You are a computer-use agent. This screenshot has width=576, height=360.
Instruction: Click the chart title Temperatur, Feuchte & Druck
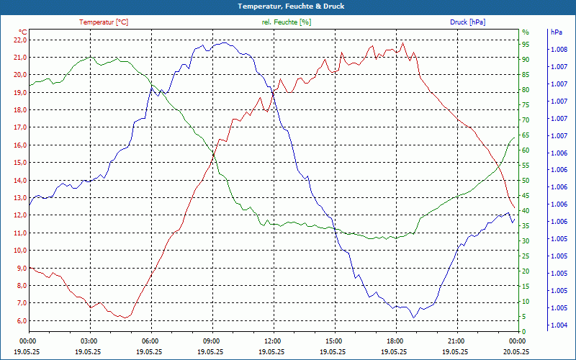(288, 6)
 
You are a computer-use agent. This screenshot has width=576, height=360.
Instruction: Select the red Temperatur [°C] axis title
(104, 22)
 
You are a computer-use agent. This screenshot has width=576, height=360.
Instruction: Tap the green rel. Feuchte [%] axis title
(287, 22)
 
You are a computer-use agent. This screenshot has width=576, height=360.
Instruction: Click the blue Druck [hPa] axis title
(467, 22)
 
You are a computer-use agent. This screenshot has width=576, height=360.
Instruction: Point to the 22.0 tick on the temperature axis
(19, 40)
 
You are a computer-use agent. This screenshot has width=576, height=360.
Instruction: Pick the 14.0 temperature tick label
(19, 181)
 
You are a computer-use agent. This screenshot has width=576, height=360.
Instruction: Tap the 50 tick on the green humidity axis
(526, 181)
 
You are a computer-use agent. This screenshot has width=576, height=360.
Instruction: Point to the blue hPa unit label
(555, 32)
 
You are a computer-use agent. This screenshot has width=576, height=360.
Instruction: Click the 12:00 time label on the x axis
(273, 341)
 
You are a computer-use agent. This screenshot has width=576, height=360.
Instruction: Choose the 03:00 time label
(89, 341)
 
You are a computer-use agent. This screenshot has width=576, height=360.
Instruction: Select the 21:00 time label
(456, 341)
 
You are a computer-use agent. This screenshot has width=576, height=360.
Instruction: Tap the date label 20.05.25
(517, 351)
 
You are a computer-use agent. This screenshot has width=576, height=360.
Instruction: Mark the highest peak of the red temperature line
(403, 42)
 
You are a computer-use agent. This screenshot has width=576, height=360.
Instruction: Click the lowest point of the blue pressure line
(414, 318)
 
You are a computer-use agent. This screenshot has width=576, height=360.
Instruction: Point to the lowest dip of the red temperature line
(125, 318)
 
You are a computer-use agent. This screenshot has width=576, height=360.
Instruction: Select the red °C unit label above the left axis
(23, 32)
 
